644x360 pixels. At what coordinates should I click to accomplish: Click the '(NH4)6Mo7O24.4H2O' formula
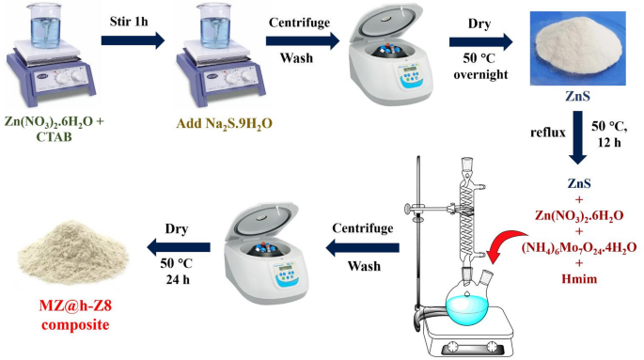[576, 248]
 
